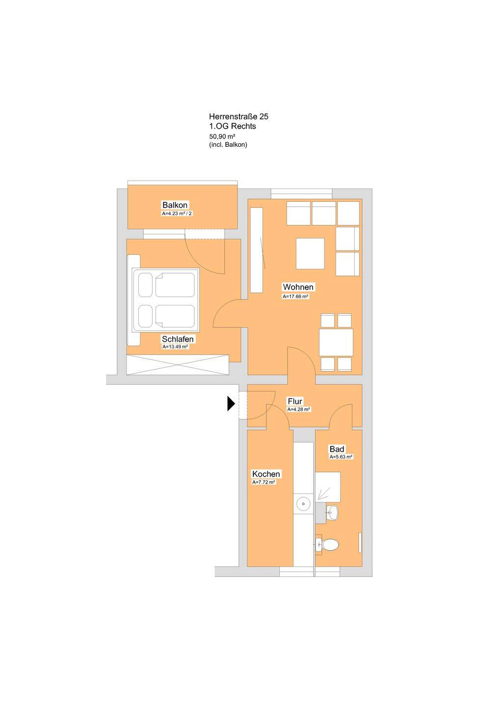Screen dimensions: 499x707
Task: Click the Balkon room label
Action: (175, 205)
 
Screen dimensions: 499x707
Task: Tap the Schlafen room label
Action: (178, 339)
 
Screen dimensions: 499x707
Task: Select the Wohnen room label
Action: (298, 287)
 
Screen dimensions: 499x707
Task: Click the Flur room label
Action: (295, 401)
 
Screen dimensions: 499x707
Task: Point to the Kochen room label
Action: (266, 474)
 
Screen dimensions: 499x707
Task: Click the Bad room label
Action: (337, 449)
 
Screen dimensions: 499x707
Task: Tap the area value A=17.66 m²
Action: (295, 297)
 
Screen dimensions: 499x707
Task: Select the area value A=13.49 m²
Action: (175, 347)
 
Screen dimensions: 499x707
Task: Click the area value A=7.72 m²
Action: (263, 482)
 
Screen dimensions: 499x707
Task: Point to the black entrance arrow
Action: (231, 404)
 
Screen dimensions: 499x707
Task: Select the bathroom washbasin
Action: (332, 513)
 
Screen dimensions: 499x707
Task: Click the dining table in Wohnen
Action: (336, 342)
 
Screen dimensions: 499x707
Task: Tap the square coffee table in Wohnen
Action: (311, 253)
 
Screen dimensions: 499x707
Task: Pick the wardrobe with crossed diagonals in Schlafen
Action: (178, 364)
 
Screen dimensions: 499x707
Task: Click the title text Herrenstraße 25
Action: (238, 116)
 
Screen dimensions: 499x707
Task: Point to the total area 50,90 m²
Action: (223, 136)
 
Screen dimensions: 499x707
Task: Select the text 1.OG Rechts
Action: (233, 126)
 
